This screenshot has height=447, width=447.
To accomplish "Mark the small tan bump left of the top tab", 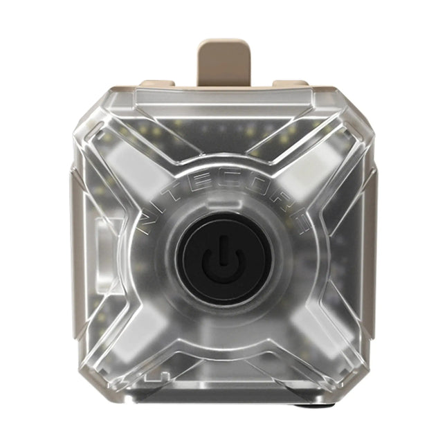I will point(159,84).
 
